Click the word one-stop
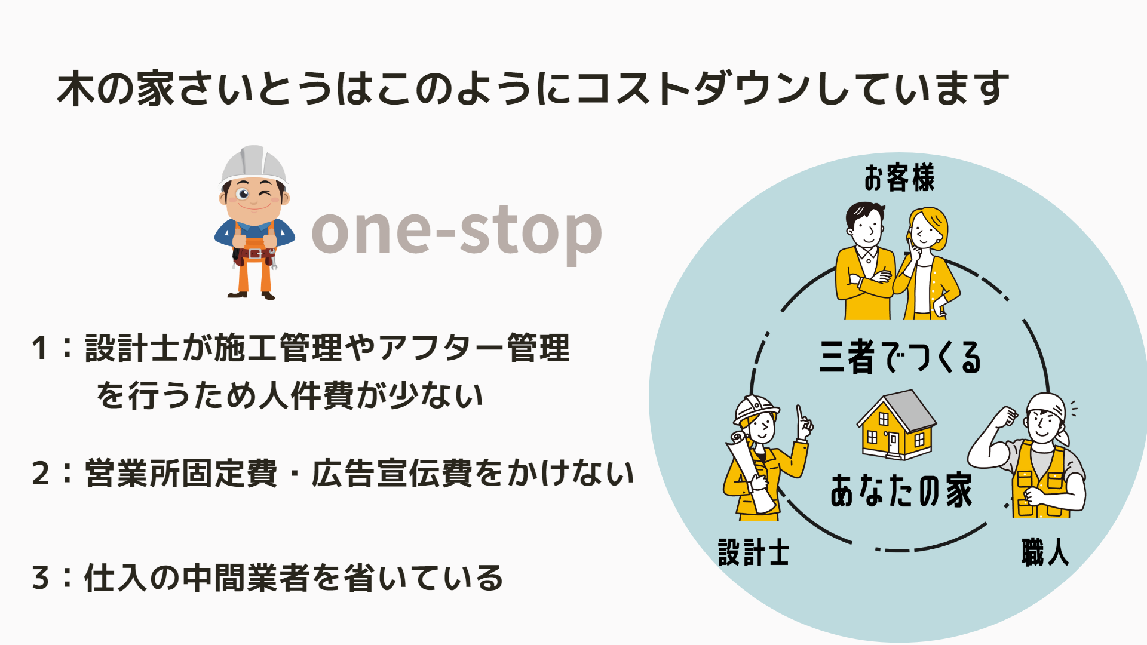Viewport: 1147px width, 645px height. (x=456, y=231)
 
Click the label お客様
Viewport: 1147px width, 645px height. (x=899, y=178)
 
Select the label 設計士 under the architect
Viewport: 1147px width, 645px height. (x=753, y=552)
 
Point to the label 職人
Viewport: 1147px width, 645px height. (x=1045, y=552)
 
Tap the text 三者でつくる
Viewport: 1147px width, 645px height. (x=900, y=357)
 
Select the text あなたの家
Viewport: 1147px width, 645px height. (x=901, y=490)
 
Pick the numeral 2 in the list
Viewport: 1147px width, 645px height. (x=41, y=474)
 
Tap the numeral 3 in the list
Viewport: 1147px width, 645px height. (x=41, y=578)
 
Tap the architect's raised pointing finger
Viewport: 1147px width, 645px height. (x=799, y=414)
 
